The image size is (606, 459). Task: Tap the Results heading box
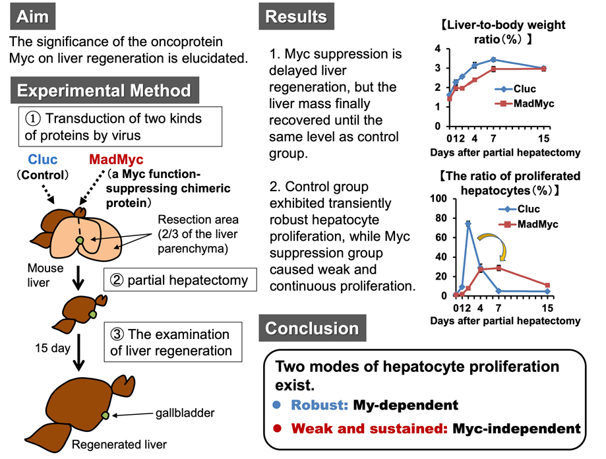(295, 17)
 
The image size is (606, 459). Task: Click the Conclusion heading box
(312, 328)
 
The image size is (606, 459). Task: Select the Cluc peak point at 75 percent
(468, 224)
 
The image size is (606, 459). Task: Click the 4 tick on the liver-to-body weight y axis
(437, 49)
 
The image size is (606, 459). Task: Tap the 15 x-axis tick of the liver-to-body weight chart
(543, 139)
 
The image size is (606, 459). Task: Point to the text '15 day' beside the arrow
(53, 348)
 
